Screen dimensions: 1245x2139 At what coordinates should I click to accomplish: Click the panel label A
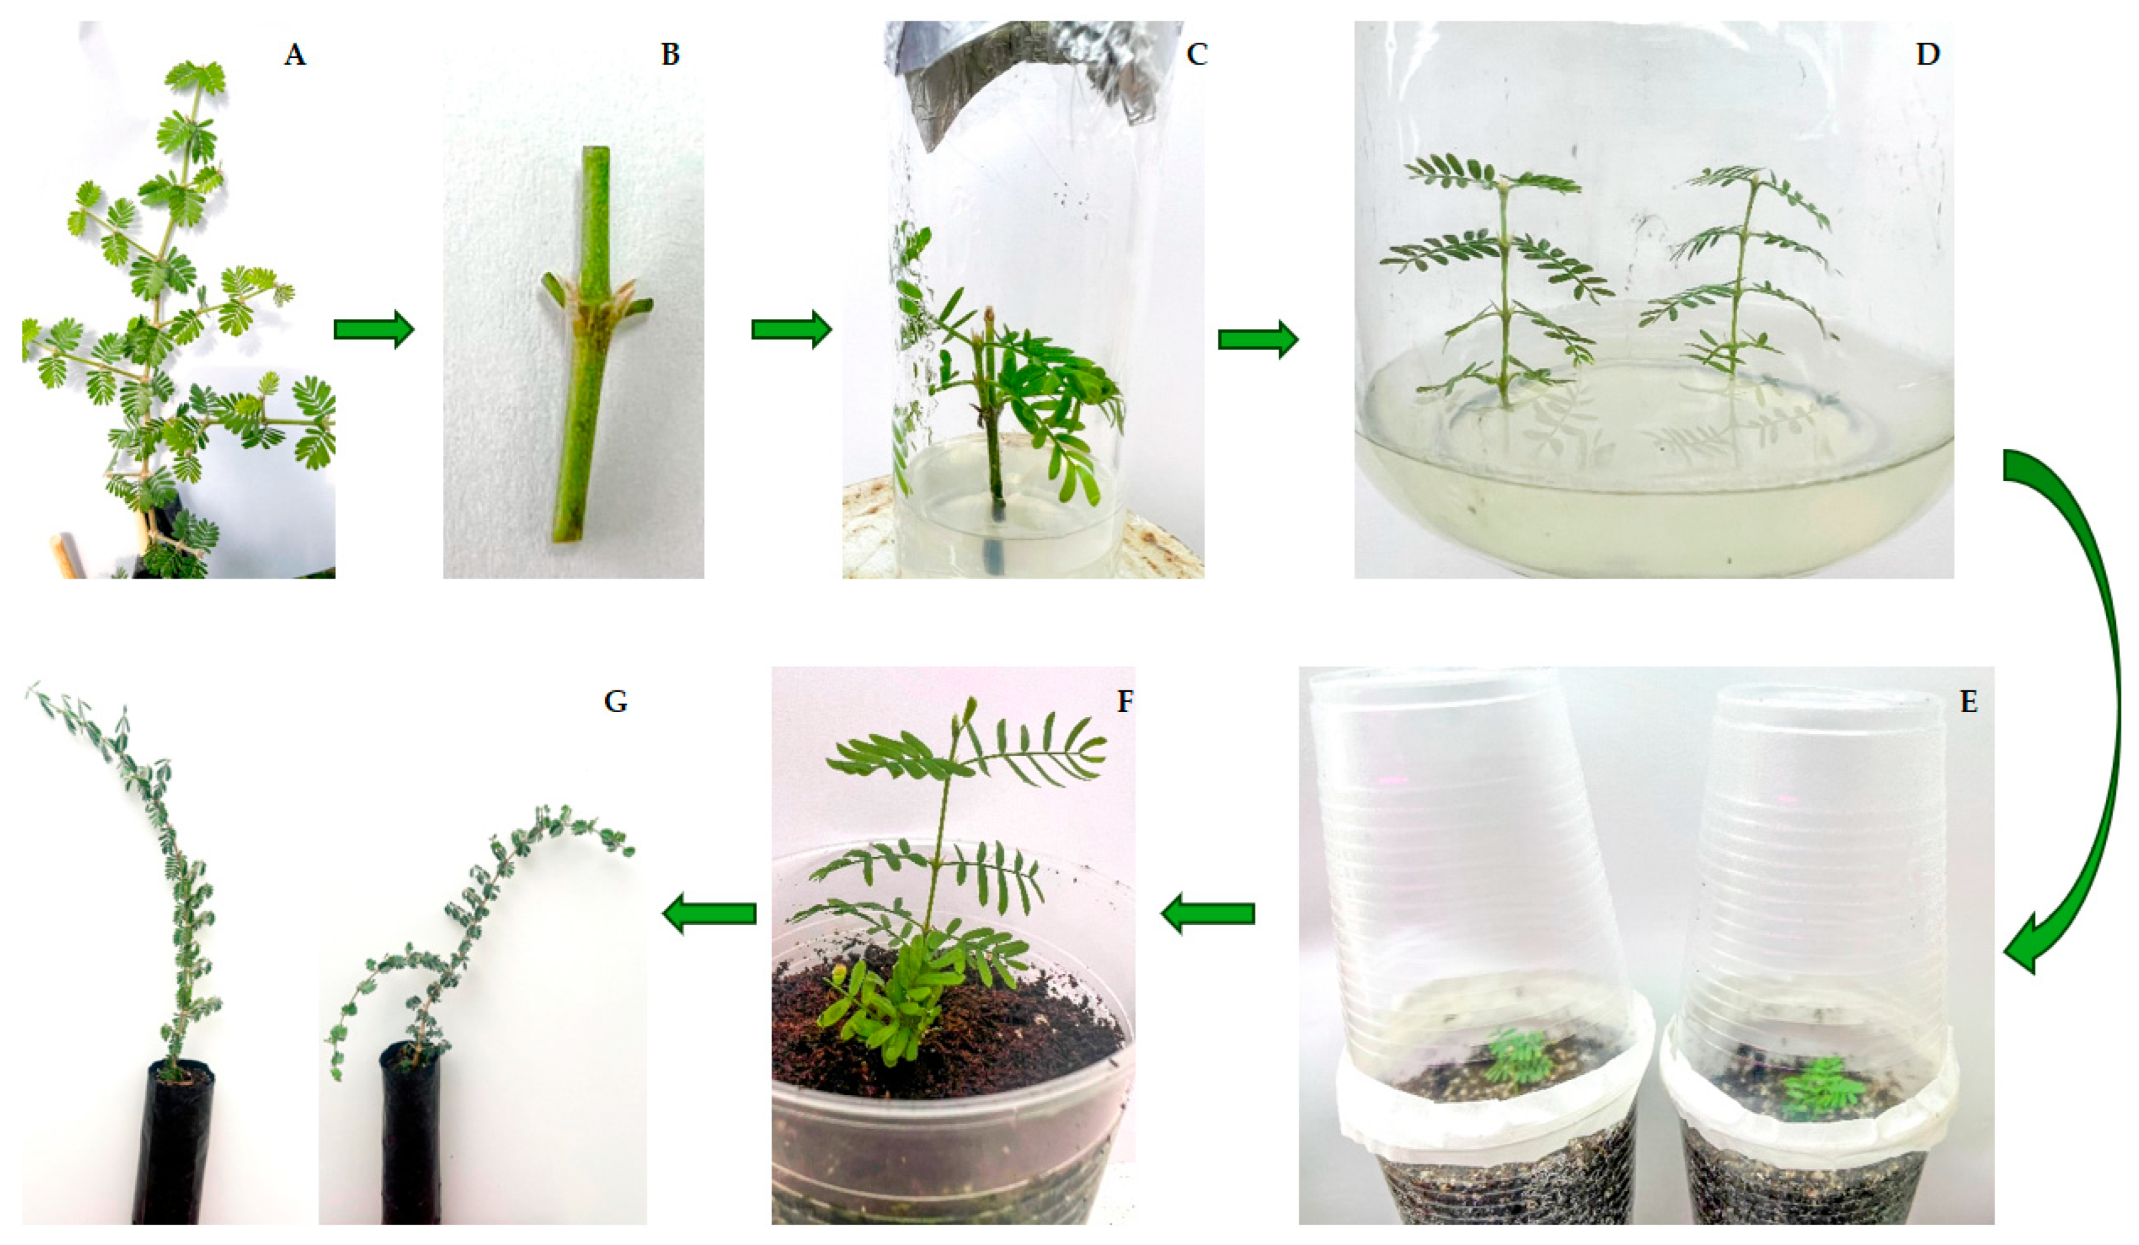click(294, 56)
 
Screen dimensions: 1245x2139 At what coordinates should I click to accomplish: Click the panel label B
click(671, 56)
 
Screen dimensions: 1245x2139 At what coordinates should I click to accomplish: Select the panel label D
click(1927, 56)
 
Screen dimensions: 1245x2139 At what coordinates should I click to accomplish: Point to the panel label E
click(1968, 703)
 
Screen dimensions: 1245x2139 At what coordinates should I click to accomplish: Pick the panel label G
click(615, 703)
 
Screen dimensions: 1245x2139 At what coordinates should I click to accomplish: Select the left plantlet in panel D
click(1498, 280)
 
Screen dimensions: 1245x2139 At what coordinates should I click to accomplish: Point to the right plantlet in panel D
click(1740, 272)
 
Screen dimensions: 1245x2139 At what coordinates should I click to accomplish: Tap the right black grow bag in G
click(412, 1137)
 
